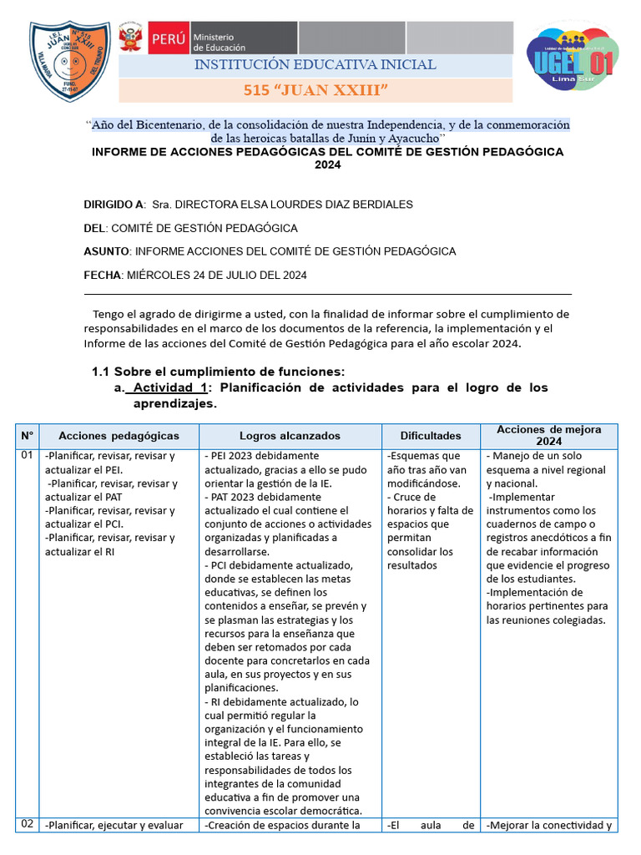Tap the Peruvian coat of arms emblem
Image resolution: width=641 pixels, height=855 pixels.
click(131, 38)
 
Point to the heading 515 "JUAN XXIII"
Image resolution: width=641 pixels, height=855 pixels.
click(315, 90)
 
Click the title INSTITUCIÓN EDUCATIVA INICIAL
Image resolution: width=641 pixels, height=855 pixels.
click(315, 65)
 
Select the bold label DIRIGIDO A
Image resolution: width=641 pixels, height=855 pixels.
click(114, 205)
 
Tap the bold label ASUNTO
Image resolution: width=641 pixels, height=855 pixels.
click(107, 251)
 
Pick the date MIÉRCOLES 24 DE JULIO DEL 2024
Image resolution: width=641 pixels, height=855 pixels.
click(215, 275)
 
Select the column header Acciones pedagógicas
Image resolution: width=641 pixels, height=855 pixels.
click(119, 436)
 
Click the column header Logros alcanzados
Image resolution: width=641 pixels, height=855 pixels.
click(290, 436)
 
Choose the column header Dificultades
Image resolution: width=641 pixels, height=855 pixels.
click(430, 436)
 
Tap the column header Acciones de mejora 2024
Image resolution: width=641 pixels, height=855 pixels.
click(548, 435)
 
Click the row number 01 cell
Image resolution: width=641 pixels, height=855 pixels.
click(27, 456)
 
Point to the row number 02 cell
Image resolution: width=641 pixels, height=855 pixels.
click(27, 824)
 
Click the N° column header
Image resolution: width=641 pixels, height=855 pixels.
click(27, 436)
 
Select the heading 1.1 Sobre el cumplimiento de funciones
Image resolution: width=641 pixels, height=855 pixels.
click(218, 372)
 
